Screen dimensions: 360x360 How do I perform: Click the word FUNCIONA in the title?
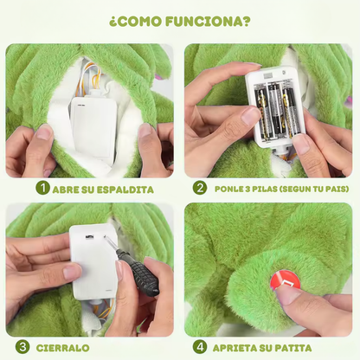[204, 22]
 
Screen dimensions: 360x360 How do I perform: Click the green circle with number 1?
[42, 188]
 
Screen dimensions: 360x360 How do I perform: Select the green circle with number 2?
[201, 188]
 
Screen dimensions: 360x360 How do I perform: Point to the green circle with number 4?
[201, 347]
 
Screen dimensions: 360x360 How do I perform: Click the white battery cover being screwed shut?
[92, 260]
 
